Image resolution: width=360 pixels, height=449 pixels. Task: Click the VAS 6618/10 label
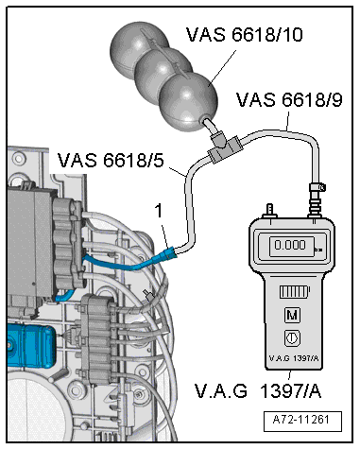(x=245, y=34)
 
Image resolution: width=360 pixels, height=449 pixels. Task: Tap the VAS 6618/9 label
(x=289, y=99)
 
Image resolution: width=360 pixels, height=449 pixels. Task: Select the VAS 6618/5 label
(x=111, y=160)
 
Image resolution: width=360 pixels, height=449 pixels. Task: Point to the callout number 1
(x=160, y=211)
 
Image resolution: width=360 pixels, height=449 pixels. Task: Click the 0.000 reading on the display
(x=290, y=245)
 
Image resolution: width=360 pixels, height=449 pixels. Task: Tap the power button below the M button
(x=292, y=338)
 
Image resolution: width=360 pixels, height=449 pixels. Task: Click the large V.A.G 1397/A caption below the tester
(x=258, y=391)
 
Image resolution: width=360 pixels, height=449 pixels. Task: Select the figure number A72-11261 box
(x=302, y=421)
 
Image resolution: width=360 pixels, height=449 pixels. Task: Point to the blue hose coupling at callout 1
(x=168, y=253)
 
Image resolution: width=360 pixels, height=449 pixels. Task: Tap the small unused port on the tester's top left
(x=270, y=211)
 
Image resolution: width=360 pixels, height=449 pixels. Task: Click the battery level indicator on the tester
(x=295, y=292)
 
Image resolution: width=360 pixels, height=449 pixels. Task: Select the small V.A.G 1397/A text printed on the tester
(x=294, y=358)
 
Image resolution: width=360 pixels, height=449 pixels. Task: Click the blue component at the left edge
(x=31, y=347)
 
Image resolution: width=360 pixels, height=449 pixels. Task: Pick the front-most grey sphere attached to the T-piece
(x=188, y=102)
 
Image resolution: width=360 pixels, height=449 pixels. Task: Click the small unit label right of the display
(x=318, y=250)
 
